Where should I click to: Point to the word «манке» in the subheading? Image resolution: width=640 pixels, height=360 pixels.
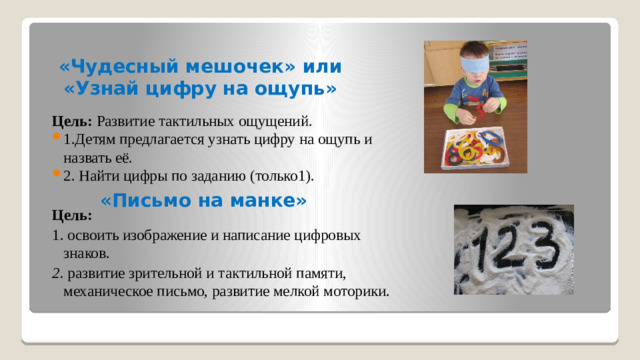click(261, 200)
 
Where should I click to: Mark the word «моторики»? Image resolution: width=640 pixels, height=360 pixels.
click(355, 291)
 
